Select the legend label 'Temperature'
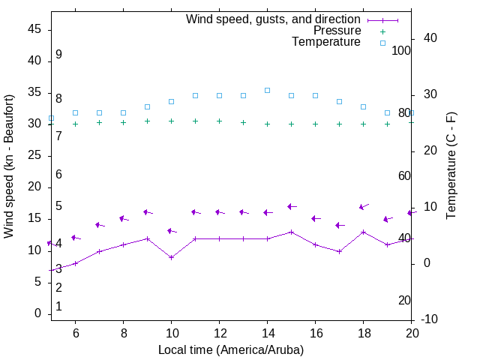tap(326, 42)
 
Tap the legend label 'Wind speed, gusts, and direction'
tap(274, 19)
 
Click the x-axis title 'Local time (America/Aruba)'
tap(231, 349)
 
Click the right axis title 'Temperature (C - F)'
tap(451, 166)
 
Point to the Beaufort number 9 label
tap(58, 55)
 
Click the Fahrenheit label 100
tap(401, 50)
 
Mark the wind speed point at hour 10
tap(171, 257)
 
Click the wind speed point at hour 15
tap(291, 232)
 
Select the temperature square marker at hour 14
tap(267, 90)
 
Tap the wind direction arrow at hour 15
tap(292, 206)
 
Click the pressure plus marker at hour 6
tap(75, 124)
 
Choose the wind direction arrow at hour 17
tap(340, 225)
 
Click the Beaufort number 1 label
tap(58, 307)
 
